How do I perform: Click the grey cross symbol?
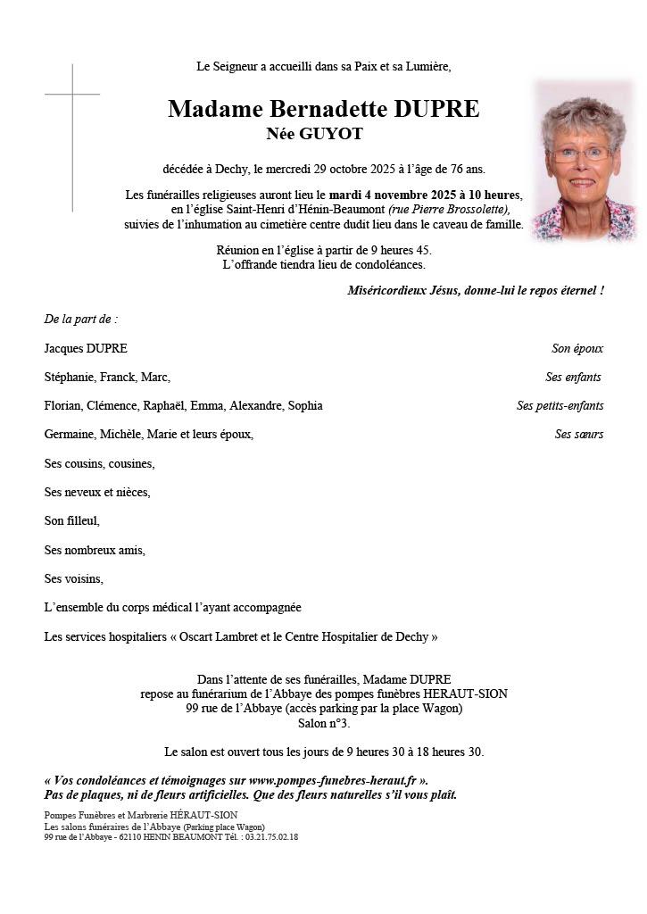(x=72, y=95)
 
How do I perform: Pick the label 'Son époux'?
(x=577, y=348)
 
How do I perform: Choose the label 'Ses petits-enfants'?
(x=560, y=405)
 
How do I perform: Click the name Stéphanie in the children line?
(x=69, y=377)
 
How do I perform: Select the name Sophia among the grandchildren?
(x=304, y=405)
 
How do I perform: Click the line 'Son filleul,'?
(x=71, y=520)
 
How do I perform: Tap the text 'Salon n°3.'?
(x=324, y=723)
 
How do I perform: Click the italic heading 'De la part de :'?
(x=80, y=319)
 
